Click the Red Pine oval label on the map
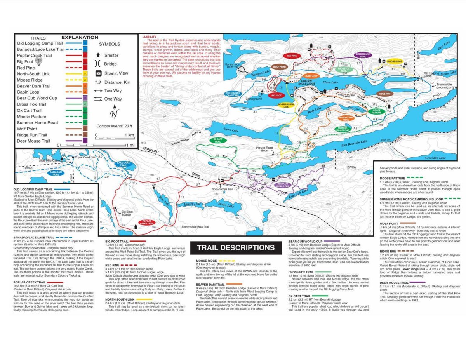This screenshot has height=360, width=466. coord(292,56)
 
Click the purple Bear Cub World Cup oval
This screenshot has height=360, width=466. coord(283,184)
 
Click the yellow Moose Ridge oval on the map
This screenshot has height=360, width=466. coord(394,61)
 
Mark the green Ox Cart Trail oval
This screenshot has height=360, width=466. coord(218,140)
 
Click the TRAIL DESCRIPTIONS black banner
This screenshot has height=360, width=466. coord(236,248)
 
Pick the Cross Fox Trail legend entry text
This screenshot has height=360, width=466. coord(31,104)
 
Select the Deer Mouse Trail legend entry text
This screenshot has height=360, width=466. coord(33,141)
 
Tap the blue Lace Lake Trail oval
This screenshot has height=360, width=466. coord(123,164)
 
